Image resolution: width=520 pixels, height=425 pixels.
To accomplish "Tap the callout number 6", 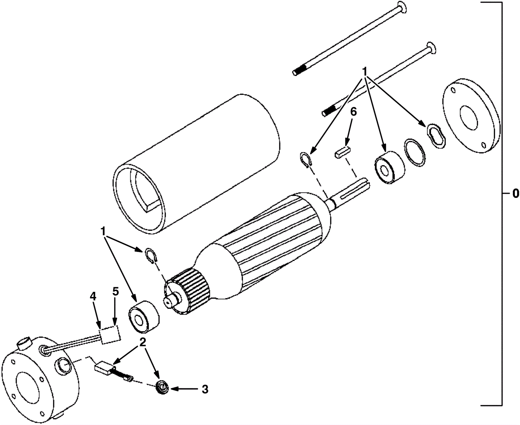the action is (353, 112).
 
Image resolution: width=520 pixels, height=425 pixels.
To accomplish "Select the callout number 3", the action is (205, 390).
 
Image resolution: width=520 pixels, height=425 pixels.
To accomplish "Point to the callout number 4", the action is (93, 297).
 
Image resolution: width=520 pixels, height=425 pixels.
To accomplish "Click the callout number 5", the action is (116, 292).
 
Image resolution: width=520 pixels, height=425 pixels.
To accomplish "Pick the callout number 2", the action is (143, 342).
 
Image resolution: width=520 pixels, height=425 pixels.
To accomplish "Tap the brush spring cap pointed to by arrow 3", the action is (163, 389).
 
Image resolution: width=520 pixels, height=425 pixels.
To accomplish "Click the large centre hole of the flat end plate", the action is (468, 118).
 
